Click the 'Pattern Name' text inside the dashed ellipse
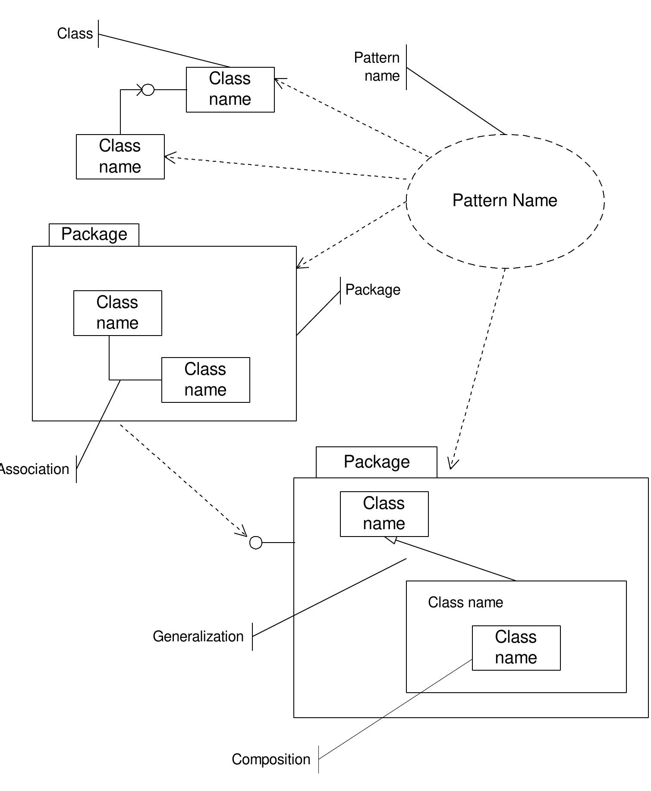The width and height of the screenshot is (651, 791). [505, 201]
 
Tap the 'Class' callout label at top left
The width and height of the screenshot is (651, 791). [75, 34]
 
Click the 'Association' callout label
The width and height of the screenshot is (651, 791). [35, 469]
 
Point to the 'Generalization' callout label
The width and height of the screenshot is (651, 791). [198, 636]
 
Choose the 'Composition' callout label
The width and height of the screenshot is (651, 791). [271, 759]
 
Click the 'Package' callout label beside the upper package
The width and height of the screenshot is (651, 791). [373, 290]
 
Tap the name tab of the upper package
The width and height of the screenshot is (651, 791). [94, 235]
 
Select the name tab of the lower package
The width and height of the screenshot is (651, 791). [376, 462]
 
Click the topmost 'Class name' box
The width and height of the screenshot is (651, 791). [230, 89]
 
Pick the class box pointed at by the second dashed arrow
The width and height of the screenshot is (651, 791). [120, 157]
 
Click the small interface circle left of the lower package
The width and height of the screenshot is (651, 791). [256, 543]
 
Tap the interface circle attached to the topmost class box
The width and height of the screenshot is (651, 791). [148, 90]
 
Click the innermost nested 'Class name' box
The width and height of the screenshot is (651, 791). [516, 647]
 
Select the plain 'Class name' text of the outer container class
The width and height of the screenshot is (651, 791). [465, 602]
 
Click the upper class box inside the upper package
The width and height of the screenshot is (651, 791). [117, 313]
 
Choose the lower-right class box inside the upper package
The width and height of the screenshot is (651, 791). [205, 380]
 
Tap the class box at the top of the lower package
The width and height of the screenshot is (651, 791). [384, 514]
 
